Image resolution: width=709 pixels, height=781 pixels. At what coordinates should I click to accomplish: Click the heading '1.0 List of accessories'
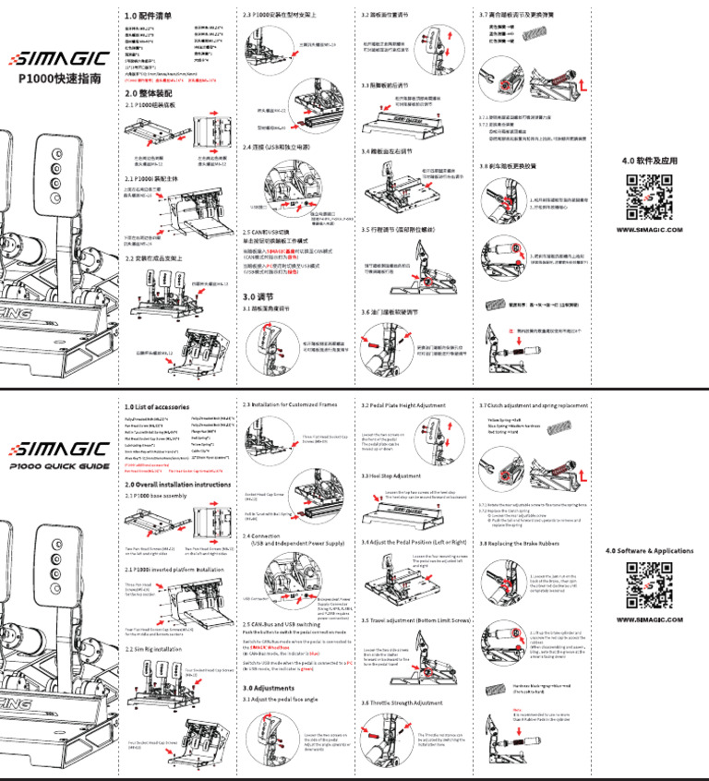click(x=156, y=406)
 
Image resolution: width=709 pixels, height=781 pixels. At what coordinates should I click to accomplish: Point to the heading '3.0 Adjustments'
click(x=269, y=688)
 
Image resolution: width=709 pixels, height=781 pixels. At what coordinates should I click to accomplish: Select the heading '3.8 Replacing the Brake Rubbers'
click(x=523, y=545)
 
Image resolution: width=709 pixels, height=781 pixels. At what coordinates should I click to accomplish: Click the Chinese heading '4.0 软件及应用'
click(x=649, y=160)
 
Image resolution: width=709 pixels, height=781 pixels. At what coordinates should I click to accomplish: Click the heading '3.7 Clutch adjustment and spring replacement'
click(x=534, y=405)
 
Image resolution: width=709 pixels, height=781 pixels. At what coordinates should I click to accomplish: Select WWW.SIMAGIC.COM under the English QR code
click(x=649, y=619)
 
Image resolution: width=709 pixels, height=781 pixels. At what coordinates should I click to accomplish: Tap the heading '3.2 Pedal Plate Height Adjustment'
click(x=403, y=405)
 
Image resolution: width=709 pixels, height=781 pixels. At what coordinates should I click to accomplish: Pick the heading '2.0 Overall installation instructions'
click(x=177, y=484)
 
